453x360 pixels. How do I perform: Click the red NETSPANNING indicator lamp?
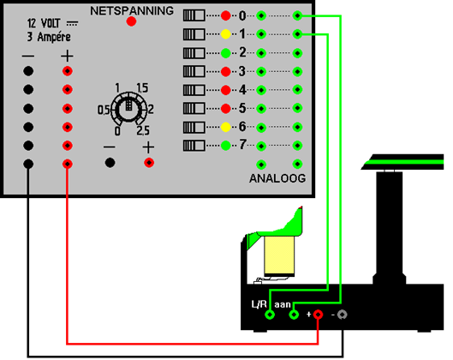pyautogui.click(x=131, y=21)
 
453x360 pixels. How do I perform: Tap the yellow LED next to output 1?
pyautogui.click(x=225, y=34)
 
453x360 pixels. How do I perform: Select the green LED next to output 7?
pyautogui.click(x=225, y=146)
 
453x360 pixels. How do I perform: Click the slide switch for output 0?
pyautogui.click(x=194, y=15)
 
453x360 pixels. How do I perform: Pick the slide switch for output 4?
pyautogui.click(x=194, y=90)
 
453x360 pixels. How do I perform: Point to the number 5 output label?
pyautogui.click(x=242, y=108)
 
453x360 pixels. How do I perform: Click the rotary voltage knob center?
pyautogui.click(x=128, y=109)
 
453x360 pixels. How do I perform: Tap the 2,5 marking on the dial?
pyautogui.click(x=143, y=131)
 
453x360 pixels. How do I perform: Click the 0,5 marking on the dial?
pyautogui.click(x=104, y=110)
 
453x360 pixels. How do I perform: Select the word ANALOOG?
pyautogui.click(x=277, y=178)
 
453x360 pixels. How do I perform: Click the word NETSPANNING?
pyautogui.click(x=132, y=11)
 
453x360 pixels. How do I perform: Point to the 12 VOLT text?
pyautogui.click(x=44, y=23)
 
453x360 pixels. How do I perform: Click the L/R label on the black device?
pyautogui.click(x=259, y=304)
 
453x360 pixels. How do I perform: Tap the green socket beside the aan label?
pyautogui.click(x=294, y=315)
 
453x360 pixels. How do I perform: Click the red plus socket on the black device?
pyautogui.click(x=318, y=315)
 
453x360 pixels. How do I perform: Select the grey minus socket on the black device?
pyautogui.click(x=342, y=315)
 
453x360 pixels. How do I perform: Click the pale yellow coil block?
pyautogui.click(x=279, y=255)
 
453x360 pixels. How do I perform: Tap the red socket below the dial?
pyautogui.click(x=149, y=163)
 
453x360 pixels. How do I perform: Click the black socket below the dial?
pyautogui.click(x=110, y=163)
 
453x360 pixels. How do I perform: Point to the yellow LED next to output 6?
pyautogui.click(x=225, y=127)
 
